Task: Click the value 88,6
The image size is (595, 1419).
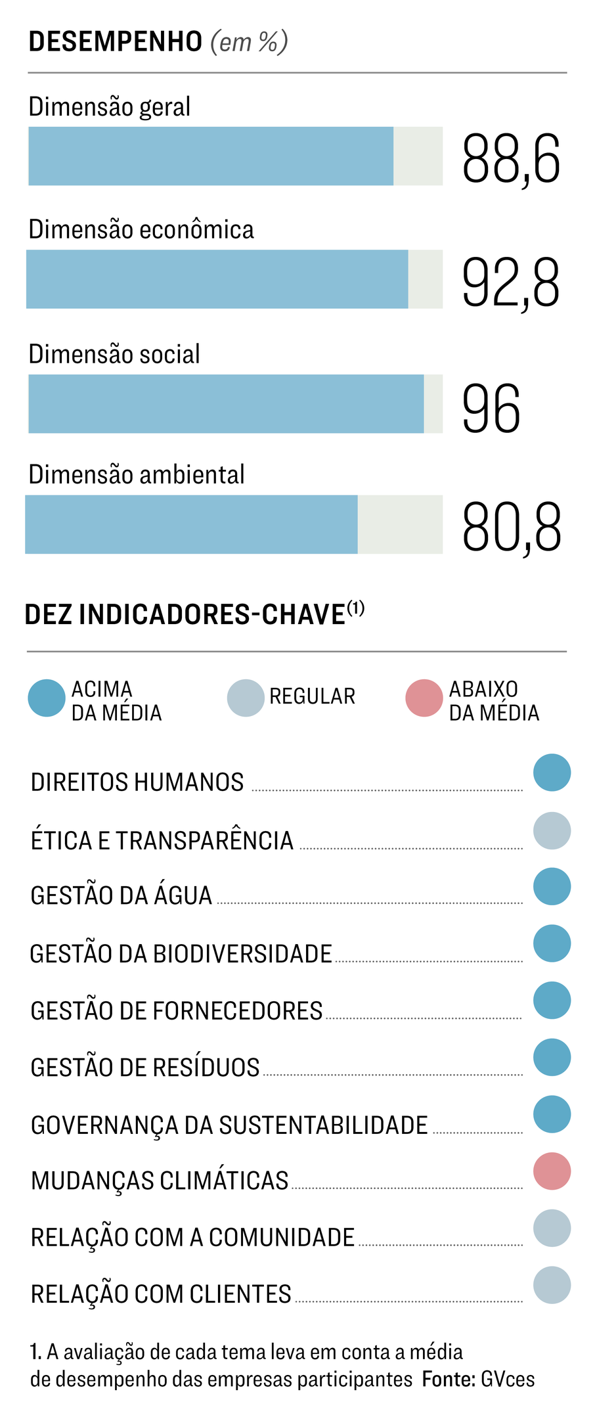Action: pyautogui.click(x=510, y=158)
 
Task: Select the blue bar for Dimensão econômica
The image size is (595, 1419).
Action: pyautogui.click(x=217, y=279)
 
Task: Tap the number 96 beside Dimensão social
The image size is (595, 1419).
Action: pyautogui.click(x=491, y=409)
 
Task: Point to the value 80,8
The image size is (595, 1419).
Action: pyautogui.click(x=511, y=527)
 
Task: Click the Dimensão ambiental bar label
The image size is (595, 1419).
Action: pyautogui.click(x=137, y=474)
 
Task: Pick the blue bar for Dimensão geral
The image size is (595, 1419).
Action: pyautogui.click(x=210, y=156)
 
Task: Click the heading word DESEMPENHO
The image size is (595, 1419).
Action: pyautogui.click(x=116, y=41)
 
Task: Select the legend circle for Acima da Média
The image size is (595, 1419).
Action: pyautogui.click(x=47, y=698)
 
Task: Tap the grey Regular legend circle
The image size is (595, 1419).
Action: pyautogui.click(x=246, y=698)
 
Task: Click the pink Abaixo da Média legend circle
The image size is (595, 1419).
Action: pyautogui.click(x=424, y=698)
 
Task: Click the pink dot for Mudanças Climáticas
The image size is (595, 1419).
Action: pyautogui.click(x=552, y=1171)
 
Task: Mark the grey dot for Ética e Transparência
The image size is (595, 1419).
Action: pyautogui.click(x=552, y=831)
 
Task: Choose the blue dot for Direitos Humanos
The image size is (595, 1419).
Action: pyautogui.click(x=552, y=773)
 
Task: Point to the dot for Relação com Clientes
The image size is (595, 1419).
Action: pyautogui.click(x=552, y=1285)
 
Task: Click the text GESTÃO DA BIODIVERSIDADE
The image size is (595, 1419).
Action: pyautogui.click(x=181, y=954)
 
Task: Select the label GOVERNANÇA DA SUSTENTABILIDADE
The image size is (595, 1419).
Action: pyautogui.click(x=229, y=1125)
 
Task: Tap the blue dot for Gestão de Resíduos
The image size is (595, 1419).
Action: pyautogui.click(x=552, y=1058)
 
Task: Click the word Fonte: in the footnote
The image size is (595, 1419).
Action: pyautogui.click(x=449, y=1379)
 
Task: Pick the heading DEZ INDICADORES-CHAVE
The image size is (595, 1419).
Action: pyautogui.click(x=185, y=615)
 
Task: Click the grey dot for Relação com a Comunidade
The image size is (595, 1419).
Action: pyautogui.click(x=552, y=1228)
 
